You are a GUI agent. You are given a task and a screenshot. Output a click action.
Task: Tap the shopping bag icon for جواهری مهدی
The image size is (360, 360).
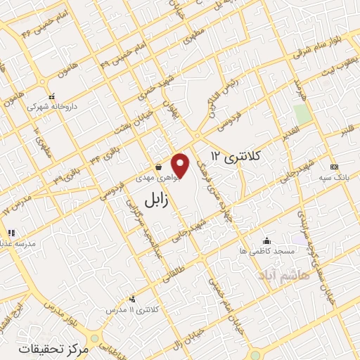(x=158, y=167)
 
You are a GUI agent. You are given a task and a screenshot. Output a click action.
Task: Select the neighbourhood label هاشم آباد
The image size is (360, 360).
(x=283, y=273)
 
